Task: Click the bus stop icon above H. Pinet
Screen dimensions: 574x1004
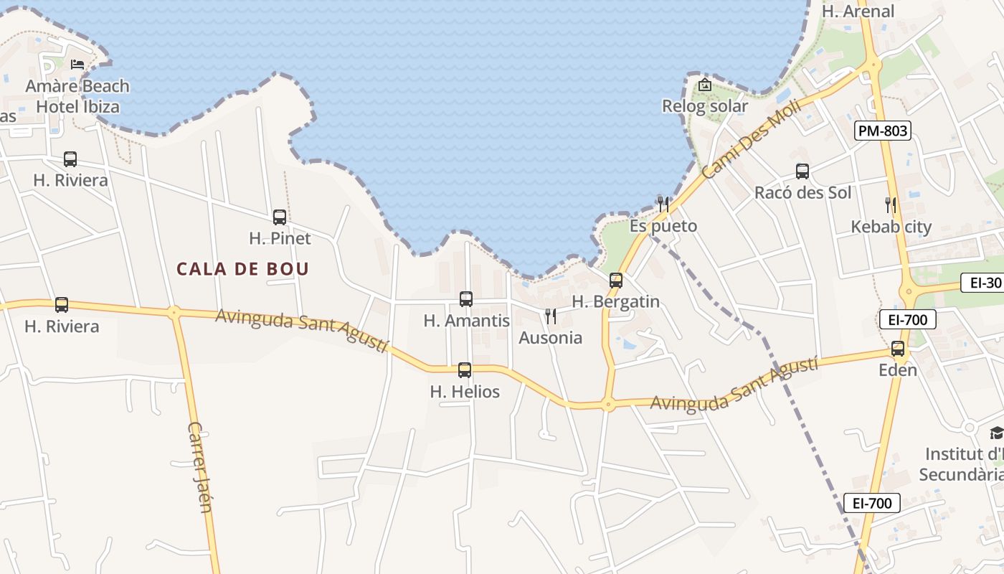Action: pyautogui.click(x=280, y=217)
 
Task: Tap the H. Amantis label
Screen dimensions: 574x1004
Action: pyautogui.click(x=466, y=321)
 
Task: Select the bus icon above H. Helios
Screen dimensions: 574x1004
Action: pyautogui.click(x=465, y=370)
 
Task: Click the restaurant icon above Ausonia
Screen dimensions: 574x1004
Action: pyautogui.click(x=551, y=316)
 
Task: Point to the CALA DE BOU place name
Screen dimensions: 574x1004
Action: pyautogui.click(x=243, y=269)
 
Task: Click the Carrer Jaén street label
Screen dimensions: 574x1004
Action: pyautogui.click(x=199, y=467)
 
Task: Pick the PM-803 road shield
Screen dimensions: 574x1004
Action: pyautogui.click(x=883, y=131)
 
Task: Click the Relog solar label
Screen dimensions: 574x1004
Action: pyautogui.click(x=704, y=106)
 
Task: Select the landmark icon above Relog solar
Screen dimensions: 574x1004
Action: pyautogui.click(x=705, y=84)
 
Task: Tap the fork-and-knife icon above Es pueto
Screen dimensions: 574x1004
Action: pyautogui.click(x=663, y=204)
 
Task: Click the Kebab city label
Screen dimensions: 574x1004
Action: pyautogui.click(x=891, y=227)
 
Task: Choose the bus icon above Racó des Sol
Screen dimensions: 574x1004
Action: pyautogui.click(x=802, y=171)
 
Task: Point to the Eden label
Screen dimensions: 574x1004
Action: pyautogui.click(x=898, y=370)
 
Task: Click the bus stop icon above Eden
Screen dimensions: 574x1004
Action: pyautogui.click(x=898, y=349)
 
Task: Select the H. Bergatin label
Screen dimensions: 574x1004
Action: pyautogui.click(x=615, y=302)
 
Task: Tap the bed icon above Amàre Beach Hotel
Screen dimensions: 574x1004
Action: pyautogui.click(x=77, y=65)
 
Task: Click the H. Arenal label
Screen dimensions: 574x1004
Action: pyautogui.click(x=858, y=11)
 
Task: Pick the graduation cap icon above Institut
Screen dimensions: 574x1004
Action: pyautogui.click(x=997, y=433)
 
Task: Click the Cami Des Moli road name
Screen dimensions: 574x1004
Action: pyautogui.click(x=742, y=140)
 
